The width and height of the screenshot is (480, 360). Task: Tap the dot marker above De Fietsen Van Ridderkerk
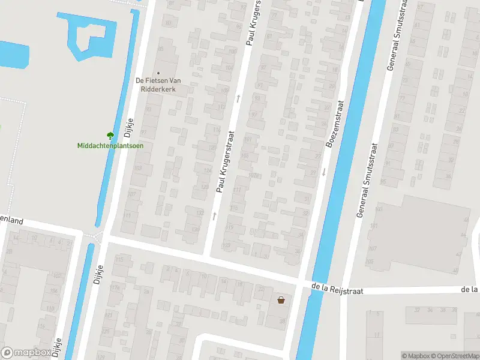pos(159,73)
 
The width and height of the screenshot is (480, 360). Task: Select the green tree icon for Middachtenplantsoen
pos(110,136)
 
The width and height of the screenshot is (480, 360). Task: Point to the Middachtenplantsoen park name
pos(110,145)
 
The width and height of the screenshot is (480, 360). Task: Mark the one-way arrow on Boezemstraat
pos(324,172)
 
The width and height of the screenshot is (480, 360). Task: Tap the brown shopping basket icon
pos(281,300)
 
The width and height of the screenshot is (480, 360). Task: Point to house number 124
pos(208,172)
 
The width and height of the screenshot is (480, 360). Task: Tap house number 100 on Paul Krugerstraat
pos(229,68)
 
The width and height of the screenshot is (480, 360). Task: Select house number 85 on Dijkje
pos(160,48)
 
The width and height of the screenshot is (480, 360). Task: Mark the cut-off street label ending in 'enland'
pos(11,221)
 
